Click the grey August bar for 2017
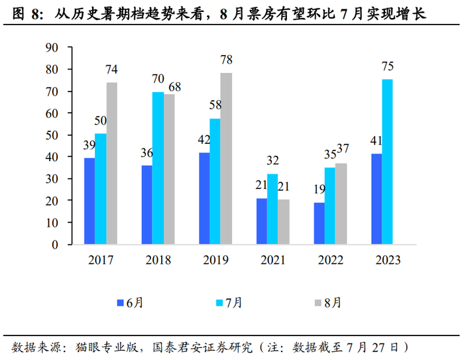click(x=111, y=163)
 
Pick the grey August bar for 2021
click(x=284, y=221)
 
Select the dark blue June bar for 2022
click(x=319, y=223)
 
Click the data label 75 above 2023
click(x=388, y=66)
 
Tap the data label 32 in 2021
click(x=273, y=160)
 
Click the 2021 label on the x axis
click(x=272, y=260)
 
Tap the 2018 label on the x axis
click(x=157, y=260)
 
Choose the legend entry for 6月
click(x=129, y=302)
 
